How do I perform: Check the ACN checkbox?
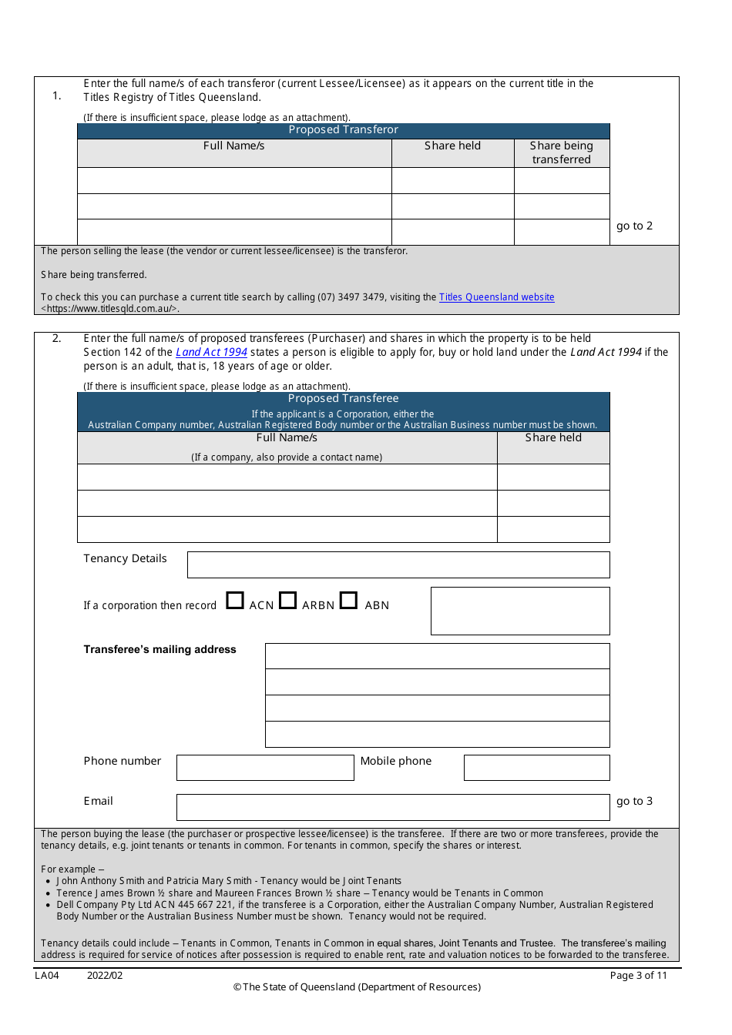tap(235, 601)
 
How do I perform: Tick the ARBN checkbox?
tap(287, 601)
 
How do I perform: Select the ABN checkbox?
tap(348, 601)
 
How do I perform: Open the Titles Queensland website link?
tap(496, 297)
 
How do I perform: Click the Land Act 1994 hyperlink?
tap(211, 353)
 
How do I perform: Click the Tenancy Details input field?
tap(398, 564)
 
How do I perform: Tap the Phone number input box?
tap(265, 768)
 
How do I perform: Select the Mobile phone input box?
tap(536, 768)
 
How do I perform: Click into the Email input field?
tap(393, 807)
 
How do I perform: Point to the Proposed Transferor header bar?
tap(344, 131)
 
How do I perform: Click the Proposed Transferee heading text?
tap(344, 399)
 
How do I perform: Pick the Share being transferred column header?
tap(562, 152)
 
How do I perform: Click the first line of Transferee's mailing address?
tap(437, 656)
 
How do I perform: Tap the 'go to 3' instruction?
tap(634, 802)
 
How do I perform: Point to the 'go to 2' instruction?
tap(634, 226)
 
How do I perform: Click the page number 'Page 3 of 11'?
tap(638, 976)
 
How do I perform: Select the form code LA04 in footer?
tap(47, 976)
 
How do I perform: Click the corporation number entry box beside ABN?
tap(520, 611)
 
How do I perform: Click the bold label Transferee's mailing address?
tap(159, 650)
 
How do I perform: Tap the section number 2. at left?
tap(56, 339)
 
